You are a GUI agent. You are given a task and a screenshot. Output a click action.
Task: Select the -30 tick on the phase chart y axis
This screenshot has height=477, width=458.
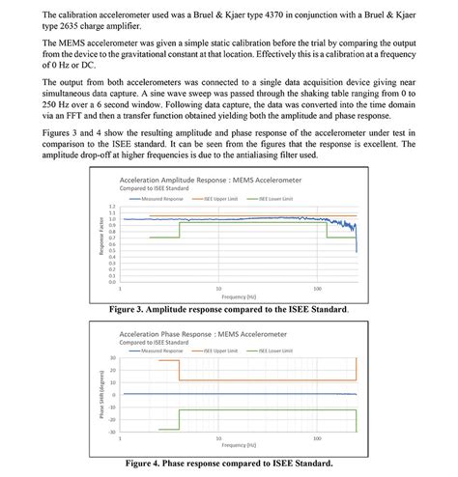(110, 433)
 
